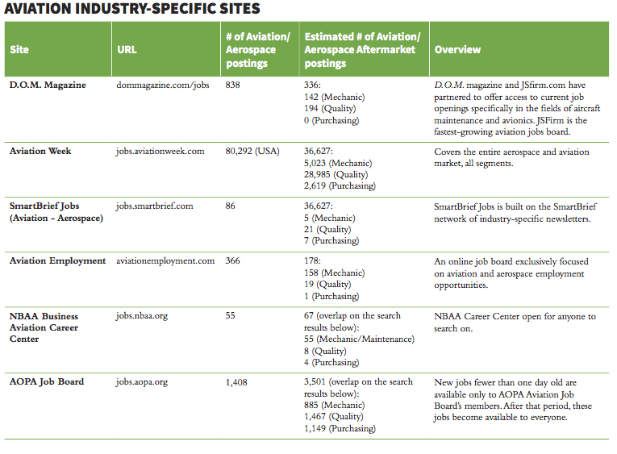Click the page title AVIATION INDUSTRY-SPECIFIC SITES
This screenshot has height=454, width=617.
[x=133, y=10]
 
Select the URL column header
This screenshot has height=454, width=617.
[x=127, y=49]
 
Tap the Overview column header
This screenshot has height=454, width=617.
[x=457, y=49]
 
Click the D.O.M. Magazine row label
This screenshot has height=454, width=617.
[x=47, y=85]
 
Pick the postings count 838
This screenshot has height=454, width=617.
[x=235, y=85]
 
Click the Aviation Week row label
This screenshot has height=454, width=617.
[x=40, y=152]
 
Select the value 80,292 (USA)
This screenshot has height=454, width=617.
[x=252, y=152]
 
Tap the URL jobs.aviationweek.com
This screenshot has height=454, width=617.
[x=160, y=152]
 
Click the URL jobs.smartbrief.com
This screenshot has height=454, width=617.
[x=154, y=206]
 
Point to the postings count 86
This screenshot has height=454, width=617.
[x=231, y=206]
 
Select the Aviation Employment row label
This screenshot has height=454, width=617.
[x=57, y=260]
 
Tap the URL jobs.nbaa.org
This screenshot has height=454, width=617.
[x=141, y=316]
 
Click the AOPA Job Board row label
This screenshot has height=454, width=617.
[x=46, y=381]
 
